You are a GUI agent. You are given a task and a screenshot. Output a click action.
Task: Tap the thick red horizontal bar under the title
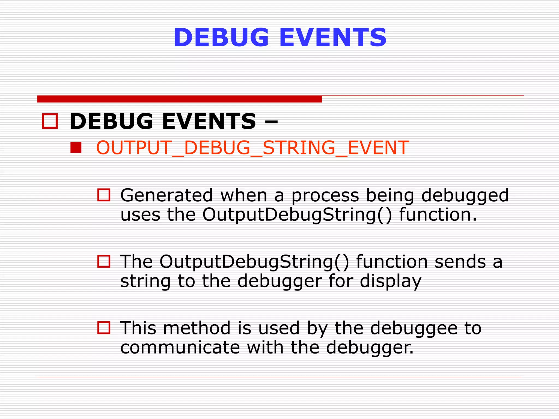tap(179, 99)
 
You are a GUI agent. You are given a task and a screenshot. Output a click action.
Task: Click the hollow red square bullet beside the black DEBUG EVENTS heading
tap(50, 121)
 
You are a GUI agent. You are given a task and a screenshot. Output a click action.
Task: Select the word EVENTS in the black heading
tap(209, 121)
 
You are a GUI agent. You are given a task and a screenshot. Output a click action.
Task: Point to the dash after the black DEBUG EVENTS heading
tap(271, 122)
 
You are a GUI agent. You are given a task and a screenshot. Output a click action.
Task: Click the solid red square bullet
tap(76, 148)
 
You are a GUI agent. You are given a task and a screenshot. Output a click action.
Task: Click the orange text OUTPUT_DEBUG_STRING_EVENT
tap(252, 148)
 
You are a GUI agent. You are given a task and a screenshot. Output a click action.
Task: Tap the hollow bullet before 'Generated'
tap(104, 195)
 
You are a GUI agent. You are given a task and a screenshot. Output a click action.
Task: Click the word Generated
tap(166, 195)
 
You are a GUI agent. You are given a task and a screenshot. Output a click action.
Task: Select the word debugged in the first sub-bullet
tap(465, 196)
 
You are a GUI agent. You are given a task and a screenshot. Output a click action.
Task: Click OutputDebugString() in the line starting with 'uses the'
tap(297, 215)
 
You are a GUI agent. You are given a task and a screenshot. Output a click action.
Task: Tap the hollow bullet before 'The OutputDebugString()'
tap(104, 261)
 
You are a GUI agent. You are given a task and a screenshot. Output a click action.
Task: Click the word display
tap(390, 282)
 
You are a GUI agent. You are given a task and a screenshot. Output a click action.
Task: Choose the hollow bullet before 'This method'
tap(104, 328)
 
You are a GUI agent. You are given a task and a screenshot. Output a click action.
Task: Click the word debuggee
tap(414, 328)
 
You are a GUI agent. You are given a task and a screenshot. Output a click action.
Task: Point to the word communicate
tap(180, 347)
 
